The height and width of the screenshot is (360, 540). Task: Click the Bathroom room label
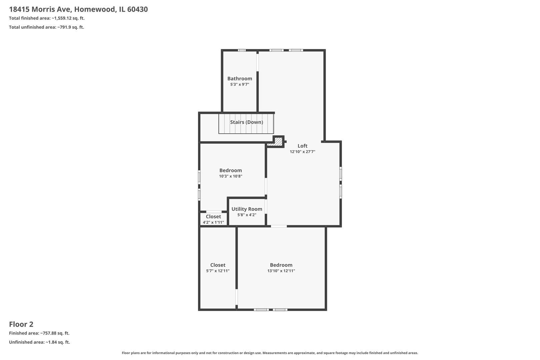tap(240, 79)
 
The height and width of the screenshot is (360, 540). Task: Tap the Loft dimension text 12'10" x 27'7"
tap(302, 152)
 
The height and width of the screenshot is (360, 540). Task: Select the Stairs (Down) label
tap(246, 122)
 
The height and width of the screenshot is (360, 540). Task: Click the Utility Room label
tap(247, 209)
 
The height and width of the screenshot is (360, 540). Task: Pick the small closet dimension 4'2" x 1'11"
tap(213, 222)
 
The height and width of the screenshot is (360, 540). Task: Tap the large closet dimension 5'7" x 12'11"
tap(218, 271)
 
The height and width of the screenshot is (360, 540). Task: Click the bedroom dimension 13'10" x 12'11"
tap(281, 271)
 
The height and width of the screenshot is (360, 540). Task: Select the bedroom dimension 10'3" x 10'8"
tap(230, 176)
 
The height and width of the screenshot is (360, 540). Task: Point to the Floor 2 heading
tap(21, 324)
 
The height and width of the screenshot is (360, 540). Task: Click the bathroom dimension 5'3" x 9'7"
tap(240, 85)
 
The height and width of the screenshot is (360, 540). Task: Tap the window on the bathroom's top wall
tap(242, 50)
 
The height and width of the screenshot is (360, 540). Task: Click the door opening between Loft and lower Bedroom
tap(279, 226)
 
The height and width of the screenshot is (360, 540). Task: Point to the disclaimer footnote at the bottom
tap(270, 353)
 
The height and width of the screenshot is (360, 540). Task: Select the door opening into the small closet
tap(214, 212)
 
